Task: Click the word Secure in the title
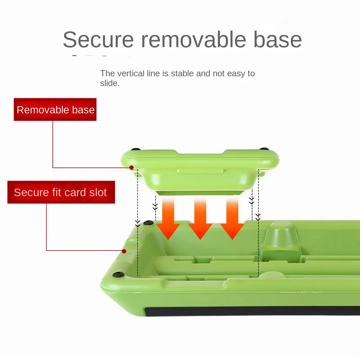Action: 98,40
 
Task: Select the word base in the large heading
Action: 277,40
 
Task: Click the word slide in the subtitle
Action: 110,83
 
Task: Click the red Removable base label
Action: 55,109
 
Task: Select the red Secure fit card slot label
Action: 61,192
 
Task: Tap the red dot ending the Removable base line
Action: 131,168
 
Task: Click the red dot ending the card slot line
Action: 124,251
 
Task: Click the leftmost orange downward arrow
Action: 168,219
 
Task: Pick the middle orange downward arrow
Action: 200,219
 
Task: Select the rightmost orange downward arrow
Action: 232,219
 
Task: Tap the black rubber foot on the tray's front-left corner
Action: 118,274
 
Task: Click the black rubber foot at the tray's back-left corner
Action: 149,223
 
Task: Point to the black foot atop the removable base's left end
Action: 136,149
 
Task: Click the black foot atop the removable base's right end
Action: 264,149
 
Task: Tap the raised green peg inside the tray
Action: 281,241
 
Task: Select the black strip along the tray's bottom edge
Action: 252,311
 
